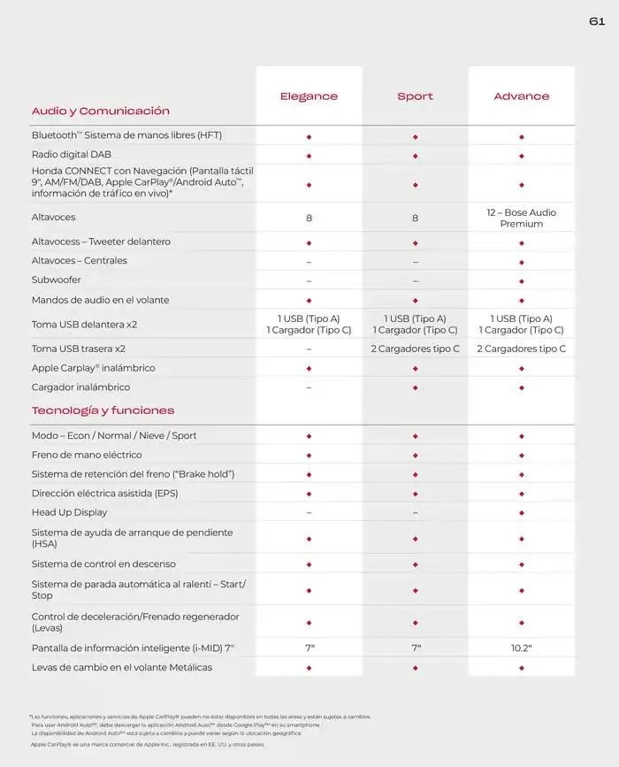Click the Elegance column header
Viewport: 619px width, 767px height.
pyautogui.click(x=309, y=96)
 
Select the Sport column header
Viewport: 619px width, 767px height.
pyautogui.click(x=415, y=96)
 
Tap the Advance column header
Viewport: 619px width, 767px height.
pyautogui.click(x=521, y=96)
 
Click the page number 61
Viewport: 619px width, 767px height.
pyautogui.click(x=596, y=21)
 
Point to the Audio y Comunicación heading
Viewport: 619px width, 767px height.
pyautogui.click(x=100, y=111)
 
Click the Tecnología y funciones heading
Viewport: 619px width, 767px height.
pyautogui.click(x=103, y=410)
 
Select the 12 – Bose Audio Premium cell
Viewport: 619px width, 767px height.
pyautogui.click(x=521, y=218)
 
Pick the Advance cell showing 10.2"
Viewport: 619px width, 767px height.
pyautogui.click(x=521, y=648)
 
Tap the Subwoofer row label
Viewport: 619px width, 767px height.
pyautogui.click(x=57, y=280)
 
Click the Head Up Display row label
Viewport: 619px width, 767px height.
pyautogui.click(x=69, y=512)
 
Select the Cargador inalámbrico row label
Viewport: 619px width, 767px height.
pyautogui.click(x=80, y=387)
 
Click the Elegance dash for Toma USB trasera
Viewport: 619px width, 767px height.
pyautogui.click(x=309, y=349)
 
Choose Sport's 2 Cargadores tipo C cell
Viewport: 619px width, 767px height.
pyautogui.click(x=415, y=349)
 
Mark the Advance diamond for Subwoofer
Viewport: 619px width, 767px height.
pyautogui.click(x=521, y=280)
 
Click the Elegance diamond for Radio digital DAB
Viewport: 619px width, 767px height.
pyautogui.click(x=309, y=155)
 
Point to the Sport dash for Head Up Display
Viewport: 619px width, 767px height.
pyautogui.click(x=415, y=512)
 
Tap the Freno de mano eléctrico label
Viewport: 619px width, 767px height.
pyautogui.click(x=87, y=455)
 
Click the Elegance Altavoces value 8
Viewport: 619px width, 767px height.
pyautogui.click(x=309, y=218)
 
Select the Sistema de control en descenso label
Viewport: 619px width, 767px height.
pyautogui.click(x=103, y=564)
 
